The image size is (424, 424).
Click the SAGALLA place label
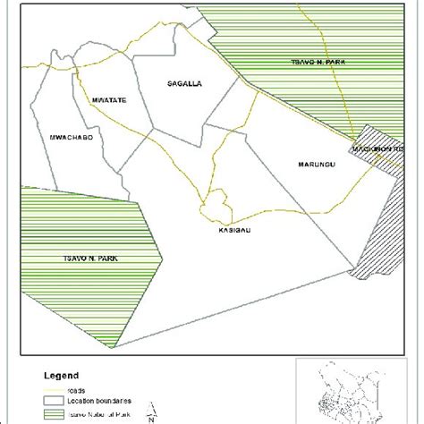click(x=186, y=83)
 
